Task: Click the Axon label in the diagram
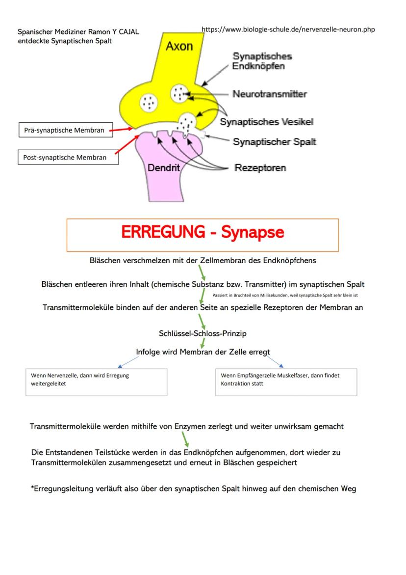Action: (179, 46)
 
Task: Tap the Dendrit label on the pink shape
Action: (163, 168)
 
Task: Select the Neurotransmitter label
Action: (270, 94)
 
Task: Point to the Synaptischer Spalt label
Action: (274, 142)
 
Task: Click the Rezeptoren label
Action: (260, 168)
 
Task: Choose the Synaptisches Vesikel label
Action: (266, 122)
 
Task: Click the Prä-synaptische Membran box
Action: (64, 130)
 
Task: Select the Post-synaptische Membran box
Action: (68, 158)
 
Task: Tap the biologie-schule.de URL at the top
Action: (288, 29)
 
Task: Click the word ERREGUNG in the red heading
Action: (163, 232)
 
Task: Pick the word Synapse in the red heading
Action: (252, 232)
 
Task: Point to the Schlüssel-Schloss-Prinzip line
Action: (203, 333)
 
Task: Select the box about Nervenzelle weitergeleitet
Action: (96, 382)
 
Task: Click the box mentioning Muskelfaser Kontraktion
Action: (286, 382)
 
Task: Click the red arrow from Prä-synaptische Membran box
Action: (121, 130)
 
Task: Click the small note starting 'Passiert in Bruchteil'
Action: (285, 296)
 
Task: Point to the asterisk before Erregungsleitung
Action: (32, 489)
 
